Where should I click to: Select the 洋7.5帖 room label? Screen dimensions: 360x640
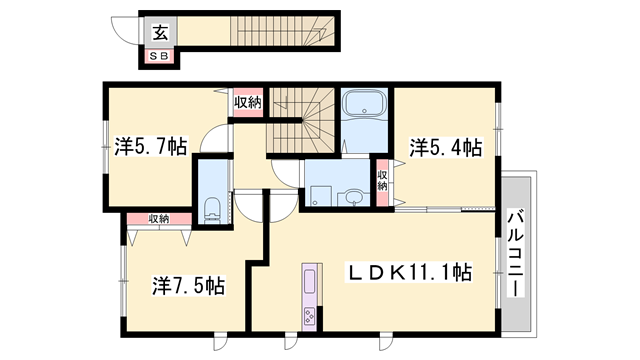(x=189, y=284)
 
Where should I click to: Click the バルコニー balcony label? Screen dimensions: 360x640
(x=516, y=252)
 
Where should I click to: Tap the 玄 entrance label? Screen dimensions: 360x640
(x=160, y=31)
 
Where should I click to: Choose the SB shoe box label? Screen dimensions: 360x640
(x=160, y=56)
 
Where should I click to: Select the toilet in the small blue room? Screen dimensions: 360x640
(x=212, y=210)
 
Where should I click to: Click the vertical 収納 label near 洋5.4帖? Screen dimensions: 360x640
(x=382, y=181)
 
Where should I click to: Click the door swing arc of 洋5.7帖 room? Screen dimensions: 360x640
(x=212, y=141)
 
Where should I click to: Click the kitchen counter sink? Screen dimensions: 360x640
(x=310, y=280)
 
